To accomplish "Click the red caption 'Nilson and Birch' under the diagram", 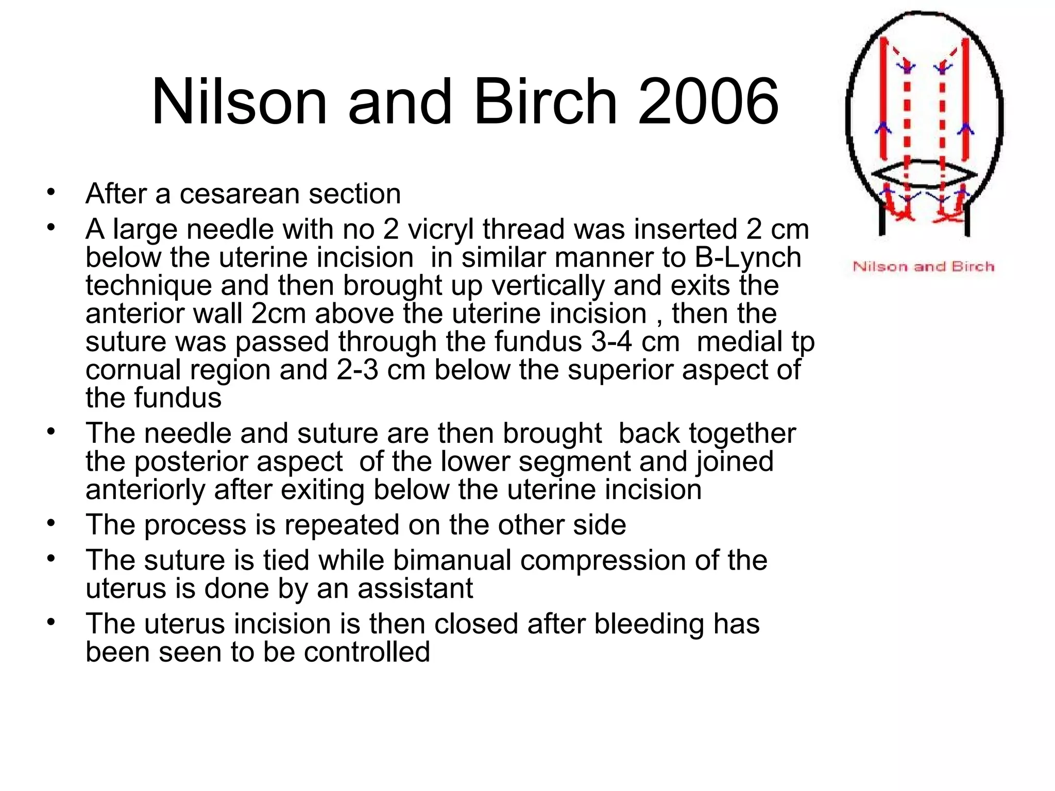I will [x=923, y=267].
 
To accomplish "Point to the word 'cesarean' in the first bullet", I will [x=239, y=194].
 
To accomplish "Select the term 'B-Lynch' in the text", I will [x=747, y=257].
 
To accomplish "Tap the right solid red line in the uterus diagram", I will [x=966, y=98].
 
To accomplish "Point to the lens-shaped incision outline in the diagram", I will [x=924, y=175].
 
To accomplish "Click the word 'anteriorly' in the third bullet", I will [x=145, y=490].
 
